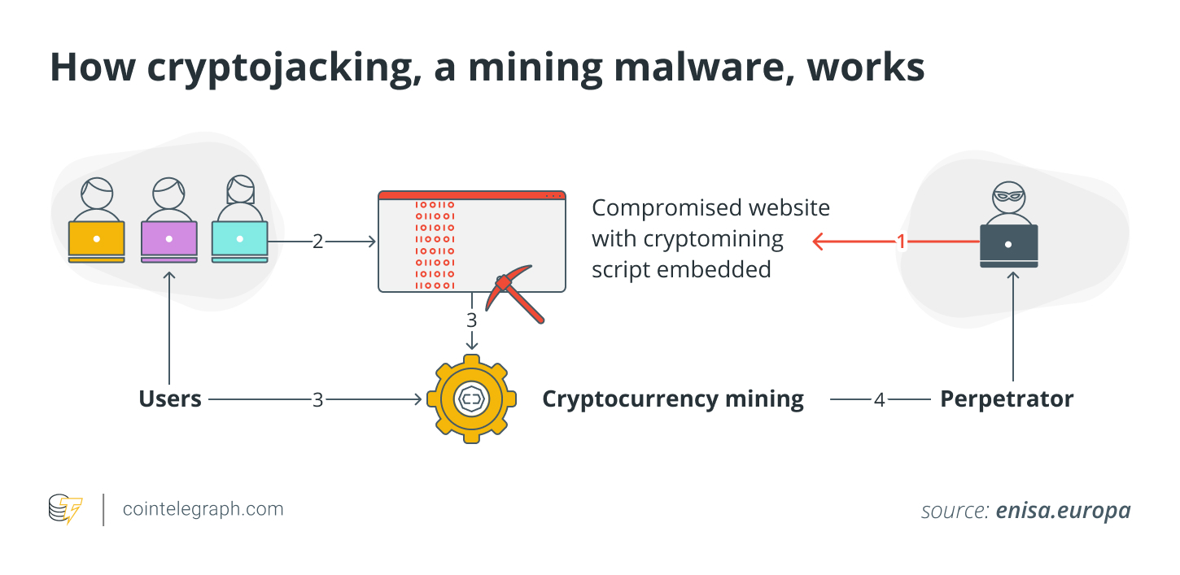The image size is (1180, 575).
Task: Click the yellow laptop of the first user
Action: [x=97, y=239]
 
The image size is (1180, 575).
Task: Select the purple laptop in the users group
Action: [x=168, y=239]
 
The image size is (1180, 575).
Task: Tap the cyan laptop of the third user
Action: [x=239, y=239]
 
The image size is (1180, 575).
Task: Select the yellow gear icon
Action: [x=471, y=399]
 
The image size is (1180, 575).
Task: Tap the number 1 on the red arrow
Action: [x=901, y=242]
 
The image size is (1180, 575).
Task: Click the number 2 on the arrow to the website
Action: [x=317, y=242]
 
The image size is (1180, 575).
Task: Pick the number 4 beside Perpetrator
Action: [x=879, y=400]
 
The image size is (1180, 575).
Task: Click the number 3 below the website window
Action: [x=471, y=320]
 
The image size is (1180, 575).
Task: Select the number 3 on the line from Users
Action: [x=317, y=400]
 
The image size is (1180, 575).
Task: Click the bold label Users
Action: [x=170, y=399]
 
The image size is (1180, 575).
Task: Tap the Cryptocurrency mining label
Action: [x=673, y=399]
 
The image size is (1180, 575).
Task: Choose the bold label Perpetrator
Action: [x=1007, y=399]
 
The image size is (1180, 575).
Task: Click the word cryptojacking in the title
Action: [x=272, y=68]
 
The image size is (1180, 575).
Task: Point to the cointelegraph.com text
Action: [x=203, y=509]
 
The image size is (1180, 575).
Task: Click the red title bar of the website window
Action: [x=471, y=195]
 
